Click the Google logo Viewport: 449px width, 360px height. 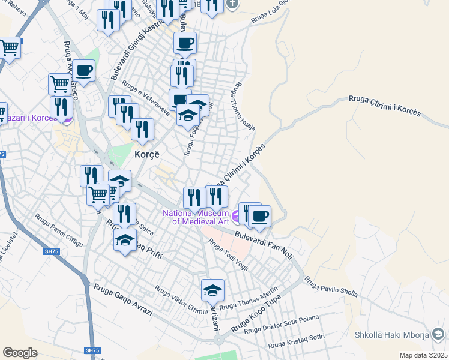coord(20,352)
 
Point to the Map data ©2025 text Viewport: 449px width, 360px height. coord(423,355)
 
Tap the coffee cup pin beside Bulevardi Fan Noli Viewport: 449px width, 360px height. coord(259,216)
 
